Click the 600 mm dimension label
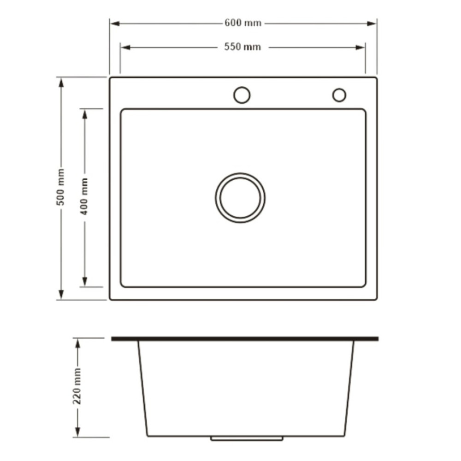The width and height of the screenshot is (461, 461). pyautogui.click(x=243, y=23)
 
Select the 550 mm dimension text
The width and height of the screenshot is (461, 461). pyautogui.click(x=242, y=47)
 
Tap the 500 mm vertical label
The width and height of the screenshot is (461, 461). pyautogui.click(x=61, y=187)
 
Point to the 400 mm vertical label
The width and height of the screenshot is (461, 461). pyautogui.click(x=84, y=196)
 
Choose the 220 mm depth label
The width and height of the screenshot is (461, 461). pyautogui.click(x=77, y=386)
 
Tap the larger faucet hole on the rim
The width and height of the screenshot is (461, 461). pyautogui.click(x=242, y=87)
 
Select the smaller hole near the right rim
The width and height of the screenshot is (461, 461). pyautogui.click(x=339, y=89)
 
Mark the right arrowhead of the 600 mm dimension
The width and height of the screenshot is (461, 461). pyautogui.click(x=372, y=24)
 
